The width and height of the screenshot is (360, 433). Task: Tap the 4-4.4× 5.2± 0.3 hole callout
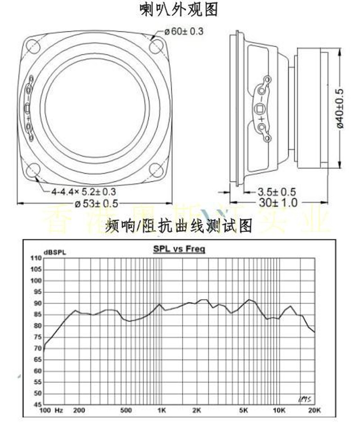point(83,192)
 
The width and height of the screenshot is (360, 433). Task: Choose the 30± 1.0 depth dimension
point(278,203)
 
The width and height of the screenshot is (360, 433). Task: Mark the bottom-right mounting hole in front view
point(156,170)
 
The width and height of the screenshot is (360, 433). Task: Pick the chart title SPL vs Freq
point(179,249)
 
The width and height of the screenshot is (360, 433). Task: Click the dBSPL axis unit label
point(54,252)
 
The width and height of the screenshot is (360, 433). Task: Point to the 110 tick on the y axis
point(35,258)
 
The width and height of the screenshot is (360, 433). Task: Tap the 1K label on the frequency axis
point(162,410)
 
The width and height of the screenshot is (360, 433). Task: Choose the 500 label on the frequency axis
point(126,410)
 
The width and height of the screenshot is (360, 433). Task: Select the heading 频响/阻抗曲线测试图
point(179,225)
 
